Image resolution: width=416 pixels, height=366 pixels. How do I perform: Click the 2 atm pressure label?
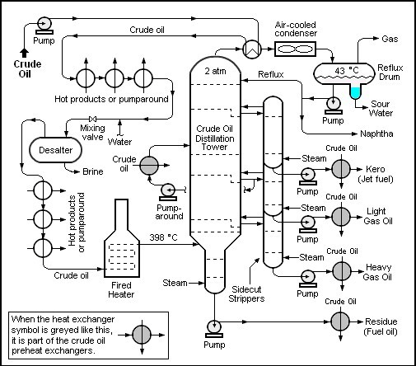(x=215, y=72)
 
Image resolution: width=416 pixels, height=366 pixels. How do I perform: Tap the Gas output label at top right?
(x=390, y=39)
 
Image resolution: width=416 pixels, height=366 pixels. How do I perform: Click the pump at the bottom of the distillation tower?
(x=213, y=326)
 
